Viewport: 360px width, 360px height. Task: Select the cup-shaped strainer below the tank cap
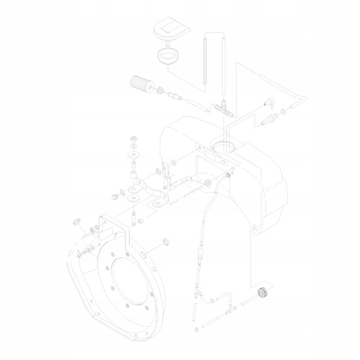point(167,57)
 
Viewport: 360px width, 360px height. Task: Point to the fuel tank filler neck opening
point(223,146)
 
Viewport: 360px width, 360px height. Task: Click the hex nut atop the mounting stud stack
point(134,139)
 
